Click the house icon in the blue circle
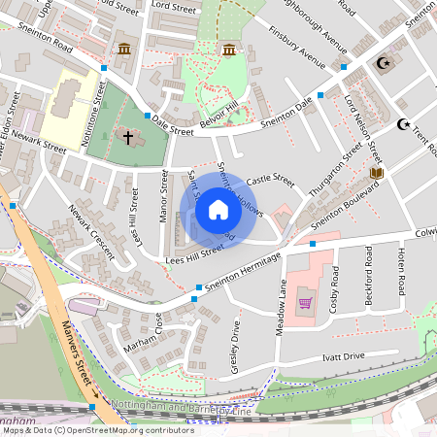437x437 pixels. point(218,210)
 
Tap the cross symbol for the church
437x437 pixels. point(128,138)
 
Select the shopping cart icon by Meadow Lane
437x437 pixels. point(305,302)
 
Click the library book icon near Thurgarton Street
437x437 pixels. point(377,173)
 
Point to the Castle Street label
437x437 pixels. point(269,181)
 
